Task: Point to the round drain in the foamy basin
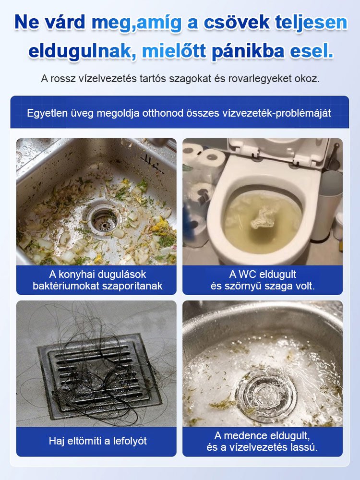265,394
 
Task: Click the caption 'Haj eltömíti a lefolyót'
98,441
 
